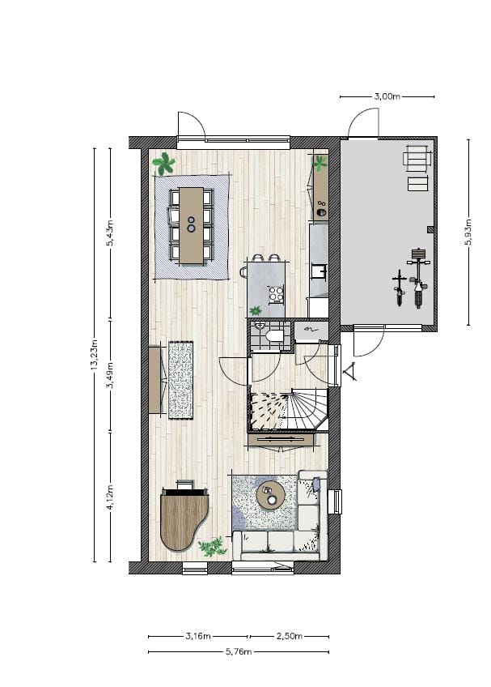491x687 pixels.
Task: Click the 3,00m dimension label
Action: pyautogui.click(x=387, y=96)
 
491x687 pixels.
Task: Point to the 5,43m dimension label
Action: pyautogui.click(x=112, y=233)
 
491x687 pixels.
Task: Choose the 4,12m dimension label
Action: pyautogui.click(x=112, y=497)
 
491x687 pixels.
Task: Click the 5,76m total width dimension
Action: pyautogui.click(x=239, y=651)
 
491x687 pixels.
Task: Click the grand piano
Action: pyautogui.click(x=184, y=517)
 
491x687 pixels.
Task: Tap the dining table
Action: pyautogui.click(x=192, y=224)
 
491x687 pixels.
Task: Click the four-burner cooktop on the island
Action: pyautogui.click(x=277, y=294)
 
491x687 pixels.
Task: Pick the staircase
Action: pyautogui.click(x=290, y=410)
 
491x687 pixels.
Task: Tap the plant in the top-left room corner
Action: pyautogui.click(x=164, y=164)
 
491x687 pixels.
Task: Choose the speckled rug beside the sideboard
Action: pyautogui.click(x=180, y=379)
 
